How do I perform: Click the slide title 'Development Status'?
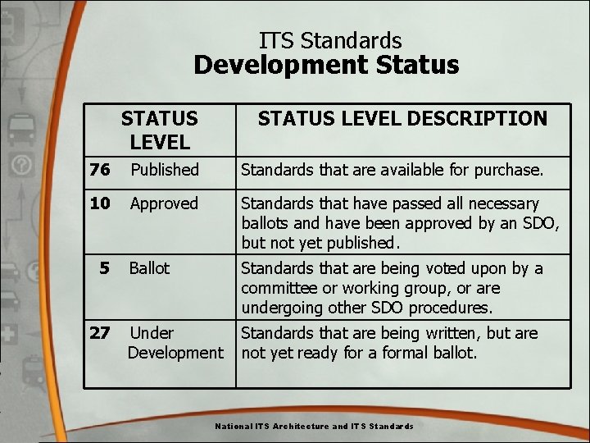(326, 66)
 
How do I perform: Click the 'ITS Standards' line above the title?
(330, 40)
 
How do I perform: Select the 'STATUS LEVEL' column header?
(160, 130)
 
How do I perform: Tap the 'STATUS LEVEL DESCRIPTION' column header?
(402, 119)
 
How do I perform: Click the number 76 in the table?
(100, 170)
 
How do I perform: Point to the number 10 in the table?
(100, 203)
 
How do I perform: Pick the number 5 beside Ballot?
(104, 268)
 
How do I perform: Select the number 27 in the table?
(100, 333)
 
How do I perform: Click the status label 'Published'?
(165, 170)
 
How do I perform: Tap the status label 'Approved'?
(164, 203)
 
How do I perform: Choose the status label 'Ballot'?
(149, 268)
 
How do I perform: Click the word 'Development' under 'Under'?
(175, 353)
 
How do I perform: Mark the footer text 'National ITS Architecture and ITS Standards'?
(314, 427)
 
